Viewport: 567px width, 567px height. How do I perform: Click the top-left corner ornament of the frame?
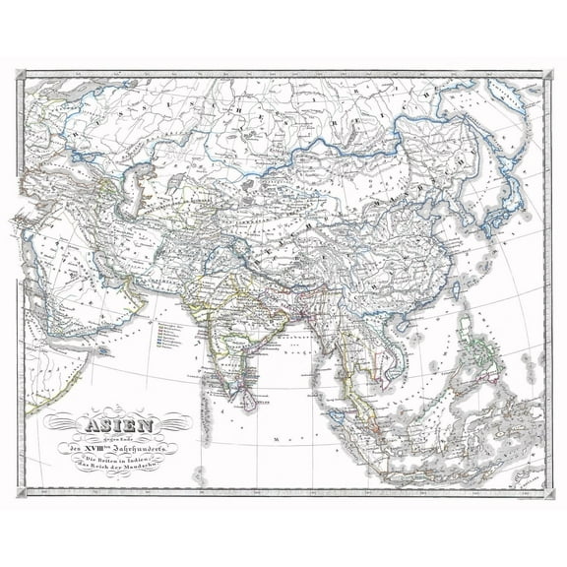click(22, 72)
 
